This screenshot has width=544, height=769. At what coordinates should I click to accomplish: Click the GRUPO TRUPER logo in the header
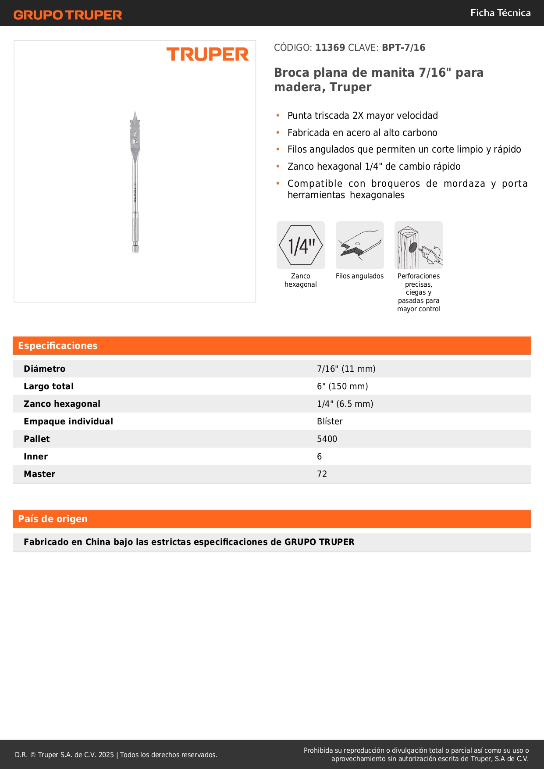tap(68, 15)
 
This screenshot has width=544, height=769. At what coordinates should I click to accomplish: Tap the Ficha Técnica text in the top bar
tap(500, 13)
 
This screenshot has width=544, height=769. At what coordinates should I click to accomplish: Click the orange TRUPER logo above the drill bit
tap(207, 54)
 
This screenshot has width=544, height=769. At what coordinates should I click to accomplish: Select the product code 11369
tap(330, 48)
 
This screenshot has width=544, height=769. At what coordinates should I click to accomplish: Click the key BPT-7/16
tap(403, 48)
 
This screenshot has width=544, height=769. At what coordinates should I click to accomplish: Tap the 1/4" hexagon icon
tap(301, 245)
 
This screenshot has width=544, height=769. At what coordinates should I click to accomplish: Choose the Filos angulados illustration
tap(359, 245)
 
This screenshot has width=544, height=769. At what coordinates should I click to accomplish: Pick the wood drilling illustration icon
tap(419, 245)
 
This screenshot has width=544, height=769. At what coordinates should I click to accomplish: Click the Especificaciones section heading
tap(58, 346)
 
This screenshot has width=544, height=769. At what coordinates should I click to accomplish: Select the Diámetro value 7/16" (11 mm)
tap(346, 369)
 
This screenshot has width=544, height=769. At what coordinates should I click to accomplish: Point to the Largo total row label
tap(49, 386)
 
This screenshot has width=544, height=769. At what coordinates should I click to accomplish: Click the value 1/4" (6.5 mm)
tap(345, 404)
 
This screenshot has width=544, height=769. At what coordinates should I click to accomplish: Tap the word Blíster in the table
tap(330, 421)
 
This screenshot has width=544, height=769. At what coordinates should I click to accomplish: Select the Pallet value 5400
tap(327, 439)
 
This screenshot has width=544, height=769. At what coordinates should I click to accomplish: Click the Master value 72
tap(322, 474)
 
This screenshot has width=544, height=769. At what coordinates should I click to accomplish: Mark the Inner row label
tap(36, 456)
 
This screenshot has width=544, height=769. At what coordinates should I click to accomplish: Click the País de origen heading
tap(53, 519)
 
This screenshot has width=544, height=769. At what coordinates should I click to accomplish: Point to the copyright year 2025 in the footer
tap(106, 755)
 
